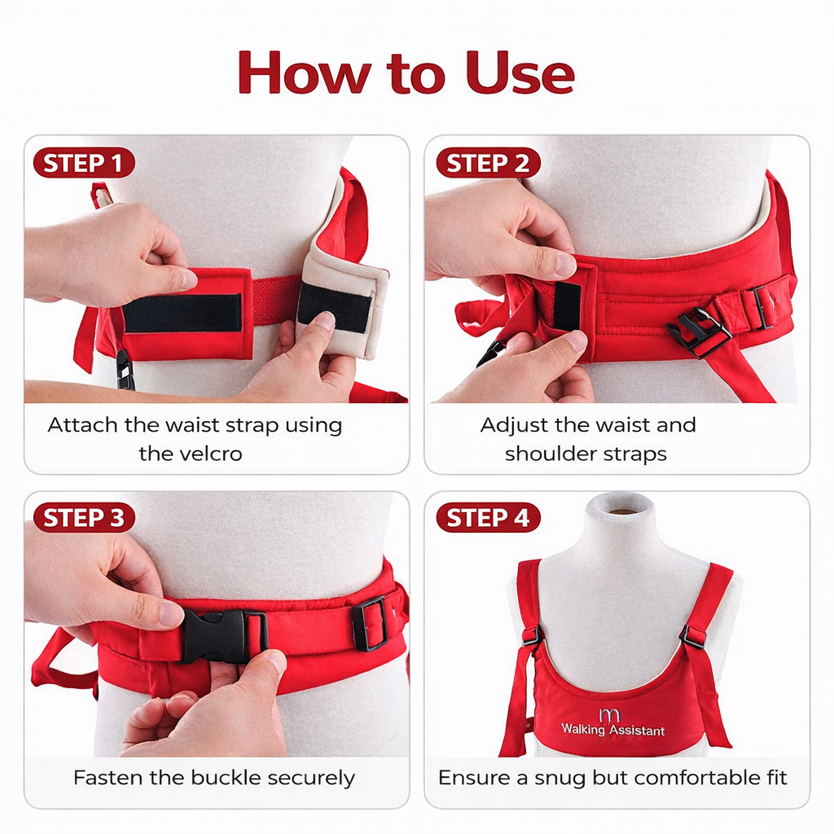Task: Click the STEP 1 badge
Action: click(83, 163)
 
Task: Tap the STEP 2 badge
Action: click(487, 163)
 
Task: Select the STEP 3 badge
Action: click(83, 518)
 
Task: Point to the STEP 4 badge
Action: click(487, 518)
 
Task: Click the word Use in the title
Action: click(521, 73)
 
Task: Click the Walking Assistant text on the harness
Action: click(612, 731)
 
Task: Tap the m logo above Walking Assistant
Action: click(609, 714)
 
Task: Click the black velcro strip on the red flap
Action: click(182, 313)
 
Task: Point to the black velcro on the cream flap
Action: click(334, 307)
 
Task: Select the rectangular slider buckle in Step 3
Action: click(370, 623)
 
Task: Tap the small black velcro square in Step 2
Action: click(568, 305)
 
